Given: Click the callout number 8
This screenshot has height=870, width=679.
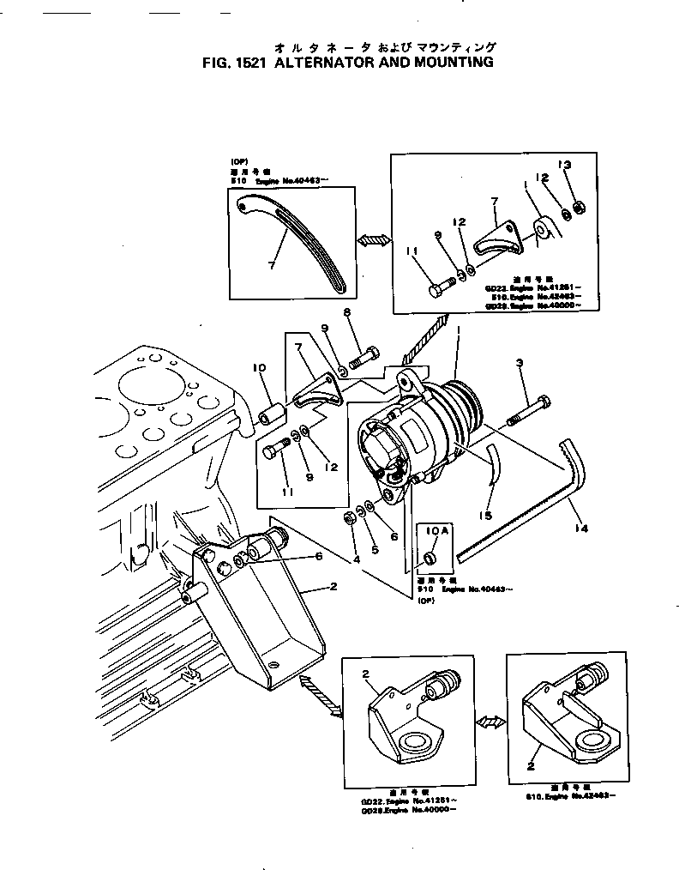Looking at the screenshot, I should pos(347,313).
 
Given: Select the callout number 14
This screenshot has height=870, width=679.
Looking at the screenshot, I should pos(582,529).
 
